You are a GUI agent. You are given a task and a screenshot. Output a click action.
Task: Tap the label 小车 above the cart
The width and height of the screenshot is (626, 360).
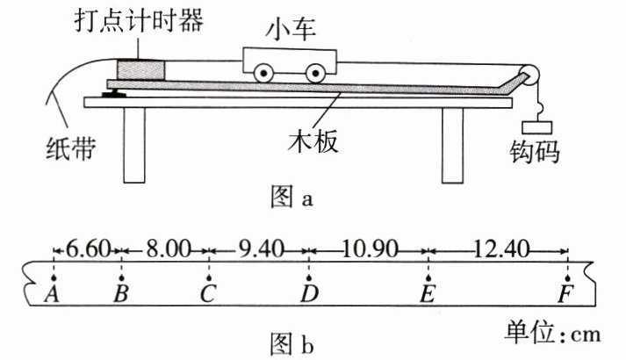[x=289, y=32]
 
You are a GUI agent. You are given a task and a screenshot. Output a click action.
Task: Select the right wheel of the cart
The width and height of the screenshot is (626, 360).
[x=313, y=74]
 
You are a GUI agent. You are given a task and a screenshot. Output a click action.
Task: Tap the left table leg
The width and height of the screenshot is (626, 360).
[x=133, y=146]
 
